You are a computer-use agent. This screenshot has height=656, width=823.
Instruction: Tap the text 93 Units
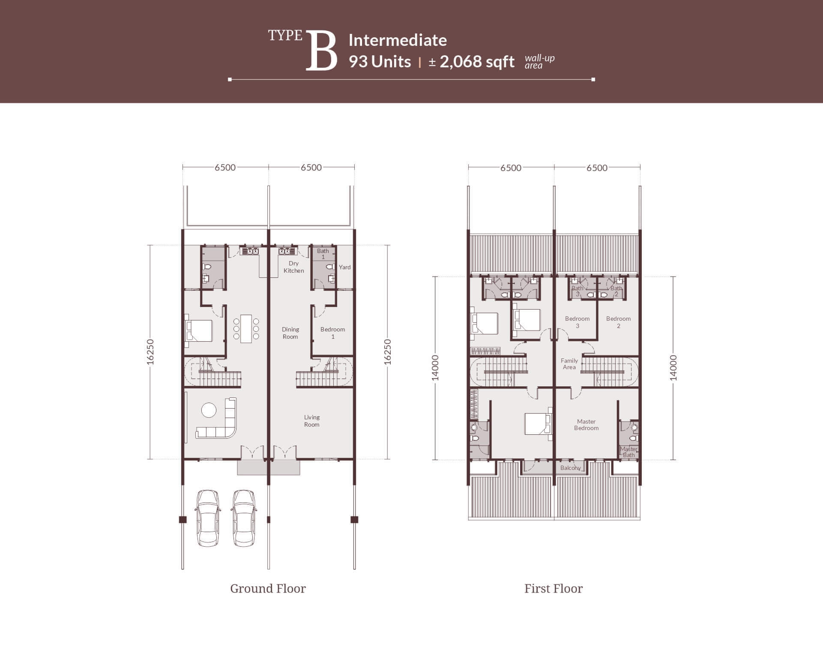click(x=380, y=62)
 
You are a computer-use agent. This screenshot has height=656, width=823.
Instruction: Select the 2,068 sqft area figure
click(x=477, y=62)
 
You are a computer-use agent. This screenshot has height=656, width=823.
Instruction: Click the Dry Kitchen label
click(x=293, y=267)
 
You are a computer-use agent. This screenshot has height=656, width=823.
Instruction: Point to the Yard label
click(x=344, y=267)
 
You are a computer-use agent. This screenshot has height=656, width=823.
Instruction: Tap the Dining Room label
click(x=290, y=333)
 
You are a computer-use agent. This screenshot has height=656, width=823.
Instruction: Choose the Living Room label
click(x=311, y=421)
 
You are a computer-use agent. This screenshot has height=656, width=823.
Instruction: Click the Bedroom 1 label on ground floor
click(x=332, y=333)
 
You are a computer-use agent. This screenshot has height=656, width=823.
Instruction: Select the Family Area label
click(x=569, y=364)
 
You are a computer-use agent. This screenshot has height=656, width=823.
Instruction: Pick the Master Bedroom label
click(x=586, y=425)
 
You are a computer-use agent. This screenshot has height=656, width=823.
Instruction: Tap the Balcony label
click(x=571, y=468)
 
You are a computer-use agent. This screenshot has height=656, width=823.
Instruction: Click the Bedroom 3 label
click(x=577, y=322)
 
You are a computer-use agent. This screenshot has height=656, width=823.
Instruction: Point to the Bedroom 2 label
click(x=618, y=322)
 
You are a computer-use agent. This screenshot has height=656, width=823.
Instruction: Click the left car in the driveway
click(x=207, y=518)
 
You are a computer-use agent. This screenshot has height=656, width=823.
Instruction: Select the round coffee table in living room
click(x=209, y=410)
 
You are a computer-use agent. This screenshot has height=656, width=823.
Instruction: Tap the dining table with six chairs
click(x=246, y=329)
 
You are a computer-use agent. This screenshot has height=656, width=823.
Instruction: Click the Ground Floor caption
click(x=268, y=589)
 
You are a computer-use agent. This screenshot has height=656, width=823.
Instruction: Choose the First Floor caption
click(x=554, y=589)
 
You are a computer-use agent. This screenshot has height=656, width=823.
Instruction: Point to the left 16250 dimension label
click(x=150, y=352)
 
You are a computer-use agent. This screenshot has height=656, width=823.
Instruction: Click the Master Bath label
click(x=628, y=452)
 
